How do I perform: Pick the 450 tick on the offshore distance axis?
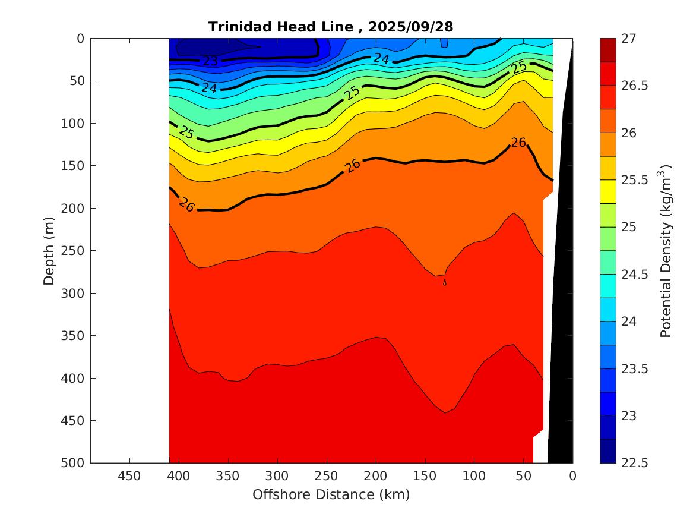129,476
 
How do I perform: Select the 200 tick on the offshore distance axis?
375,476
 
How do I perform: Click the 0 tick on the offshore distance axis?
572,476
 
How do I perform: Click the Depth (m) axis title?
50,250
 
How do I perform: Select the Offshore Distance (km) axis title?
331,494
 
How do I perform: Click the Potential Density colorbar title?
667,250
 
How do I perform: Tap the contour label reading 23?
210,61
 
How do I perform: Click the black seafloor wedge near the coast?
561,297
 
